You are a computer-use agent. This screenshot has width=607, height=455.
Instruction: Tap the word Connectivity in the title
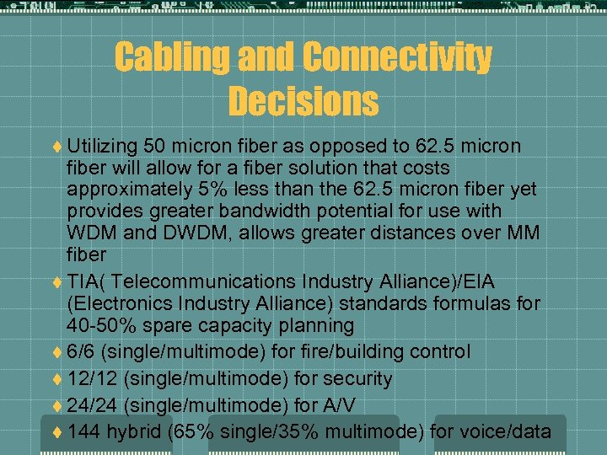(397, 57)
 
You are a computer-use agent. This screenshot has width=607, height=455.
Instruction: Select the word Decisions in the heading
(303, 101)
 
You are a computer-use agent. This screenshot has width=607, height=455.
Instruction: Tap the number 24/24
(91, 406)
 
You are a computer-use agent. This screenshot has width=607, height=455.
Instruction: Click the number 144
(84, 432)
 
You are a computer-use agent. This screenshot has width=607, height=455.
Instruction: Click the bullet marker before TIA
(56, 282)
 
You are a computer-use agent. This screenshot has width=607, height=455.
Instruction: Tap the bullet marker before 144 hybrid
(56, 433)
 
